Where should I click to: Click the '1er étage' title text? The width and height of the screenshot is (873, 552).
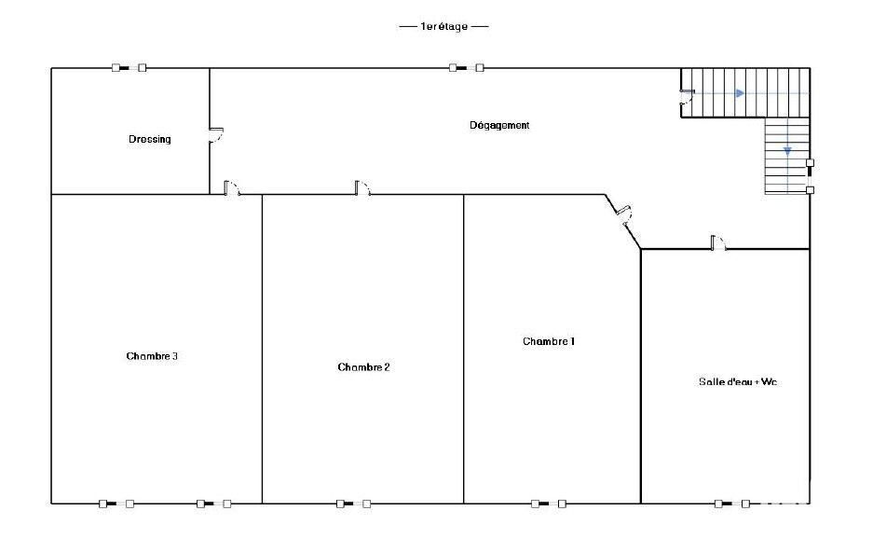pyautogui.click(x=443, y=26)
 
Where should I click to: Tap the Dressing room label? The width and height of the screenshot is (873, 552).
pyautogui.click(x=149, y=139)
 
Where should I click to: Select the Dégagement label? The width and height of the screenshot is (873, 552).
pyautogui.click(x=499, y=125)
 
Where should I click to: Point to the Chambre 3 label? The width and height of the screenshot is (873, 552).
pyautogui.click(x=152, y=356)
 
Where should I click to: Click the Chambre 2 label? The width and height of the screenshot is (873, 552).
pyautogui.click(x=363, y=367)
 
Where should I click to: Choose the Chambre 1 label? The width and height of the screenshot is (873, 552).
pyautogui.click(x=549, y=341)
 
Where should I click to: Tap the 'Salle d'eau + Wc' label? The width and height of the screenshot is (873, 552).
pyautogui.click(x=738, y=382)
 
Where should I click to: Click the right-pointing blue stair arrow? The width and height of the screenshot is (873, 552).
pyautogui.click(x=740, y=93)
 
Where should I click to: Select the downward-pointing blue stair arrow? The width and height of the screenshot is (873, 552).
pyautogui.click(x=787, y=151)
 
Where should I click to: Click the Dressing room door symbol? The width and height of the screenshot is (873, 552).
pyautogui.click(x=216, y=135)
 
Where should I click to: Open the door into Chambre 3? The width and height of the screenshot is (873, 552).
pyautogui.click(x=232, y=188)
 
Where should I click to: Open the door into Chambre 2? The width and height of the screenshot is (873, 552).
pyautogui.click(x=363, y=188)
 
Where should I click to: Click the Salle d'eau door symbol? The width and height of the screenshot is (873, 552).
pyautogui.click(x=718, y=242)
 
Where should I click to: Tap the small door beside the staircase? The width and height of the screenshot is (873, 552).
pyautogui.click(x=687, y=97)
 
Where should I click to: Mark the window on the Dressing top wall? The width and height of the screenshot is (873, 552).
pyautogui.click(x=130, y=68)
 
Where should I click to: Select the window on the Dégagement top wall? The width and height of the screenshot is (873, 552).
pyautogui.click(x=467, y=68)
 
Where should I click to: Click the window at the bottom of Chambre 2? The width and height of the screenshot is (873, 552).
pyautogui.click(x=353, y=504)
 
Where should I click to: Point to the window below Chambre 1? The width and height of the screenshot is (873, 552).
pyautogui.click(x=549, y=504)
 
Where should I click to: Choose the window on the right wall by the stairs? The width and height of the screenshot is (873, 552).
pyautogui.click(x=810, y=176)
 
